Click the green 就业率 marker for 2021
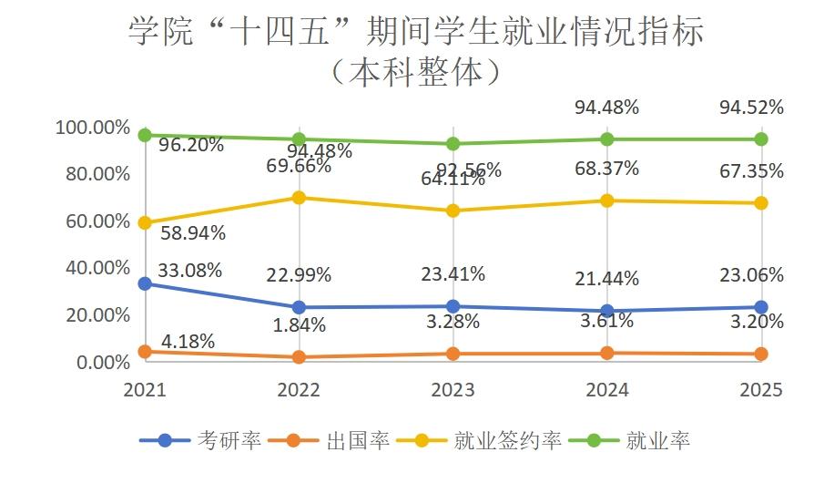(145, 135)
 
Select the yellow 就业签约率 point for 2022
(299, 198)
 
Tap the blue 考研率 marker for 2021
(145, 283)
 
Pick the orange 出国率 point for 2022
(299, 357)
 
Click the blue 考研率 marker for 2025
(761, 307)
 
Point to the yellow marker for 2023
(453, 211)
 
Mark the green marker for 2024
(607, 139)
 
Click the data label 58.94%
(192, 232)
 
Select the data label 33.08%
(189, 270)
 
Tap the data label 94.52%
(751, 108)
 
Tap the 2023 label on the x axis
(453, 390)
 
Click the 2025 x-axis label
(761, 390)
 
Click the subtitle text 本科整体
(415, 72)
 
